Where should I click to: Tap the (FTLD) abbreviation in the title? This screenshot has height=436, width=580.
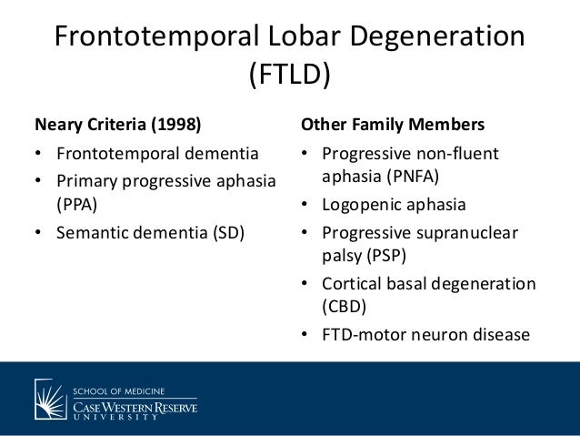pyautogui.click(x=289, y=76)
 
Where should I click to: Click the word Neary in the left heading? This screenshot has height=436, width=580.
pyautogui.click(x=57, y=124)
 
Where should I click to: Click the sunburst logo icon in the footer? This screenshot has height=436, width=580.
pyautogui.click(x=50, y=398)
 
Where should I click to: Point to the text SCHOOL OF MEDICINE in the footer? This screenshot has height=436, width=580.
pyautogui.click(x=118, y=389)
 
